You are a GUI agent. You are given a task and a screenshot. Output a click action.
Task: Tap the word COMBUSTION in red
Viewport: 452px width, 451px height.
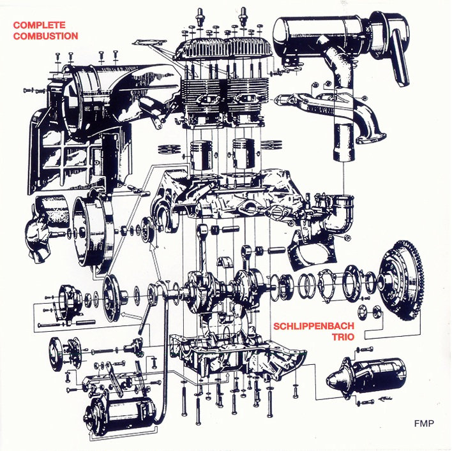tap(45, 36)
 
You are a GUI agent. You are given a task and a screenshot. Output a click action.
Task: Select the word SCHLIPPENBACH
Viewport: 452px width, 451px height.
tap(313, 326)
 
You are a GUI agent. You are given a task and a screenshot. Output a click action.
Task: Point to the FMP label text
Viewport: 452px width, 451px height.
tap(424, 423)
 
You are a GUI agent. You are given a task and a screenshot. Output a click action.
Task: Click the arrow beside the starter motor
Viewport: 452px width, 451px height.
tap(384, 399)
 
